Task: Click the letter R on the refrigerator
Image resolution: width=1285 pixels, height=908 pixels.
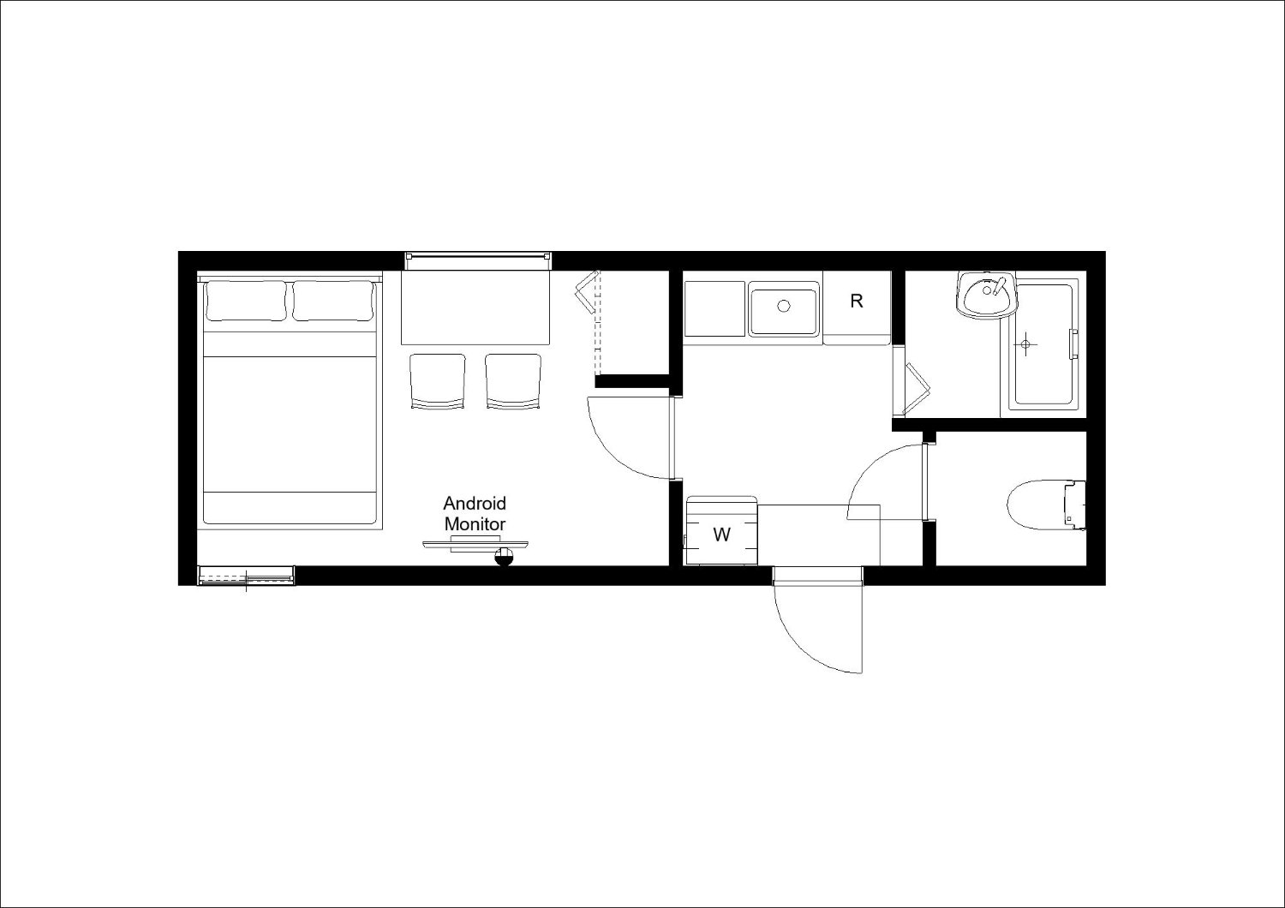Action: [x=857, y=302]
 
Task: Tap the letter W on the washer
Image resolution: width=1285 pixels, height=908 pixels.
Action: [x=721, y=535]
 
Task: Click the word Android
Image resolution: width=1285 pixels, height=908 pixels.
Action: [x=475, y=504]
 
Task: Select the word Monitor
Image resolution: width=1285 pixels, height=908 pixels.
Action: [x=475, y=523]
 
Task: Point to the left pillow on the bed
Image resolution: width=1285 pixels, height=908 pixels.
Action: [x=246, y=301]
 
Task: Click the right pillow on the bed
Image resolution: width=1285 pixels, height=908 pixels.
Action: [x=332, y=301]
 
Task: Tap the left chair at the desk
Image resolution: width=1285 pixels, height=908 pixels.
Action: [x=438, y=381]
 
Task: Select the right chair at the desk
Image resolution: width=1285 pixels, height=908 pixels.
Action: [x=513, y=381]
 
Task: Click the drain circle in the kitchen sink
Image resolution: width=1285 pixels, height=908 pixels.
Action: [x=784, y=306]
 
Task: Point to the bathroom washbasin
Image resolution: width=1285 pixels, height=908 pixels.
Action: [x=986, y=295]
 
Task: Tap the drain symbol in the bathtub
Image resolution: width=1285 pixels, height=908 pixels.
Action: [x=1026, y=344]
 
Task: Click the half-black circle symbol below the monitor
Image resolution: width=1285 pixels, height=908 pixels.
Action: [x=505, y=557]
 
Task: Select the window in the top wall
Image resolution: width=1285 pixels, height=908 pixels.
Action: [x=478, y=261]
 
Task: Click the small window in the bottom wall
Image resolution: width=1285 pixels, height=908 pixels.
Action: [x=246, y=576]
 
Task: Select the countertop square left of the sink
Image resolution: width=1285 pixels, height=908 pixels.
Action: [x=714, y=308]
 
